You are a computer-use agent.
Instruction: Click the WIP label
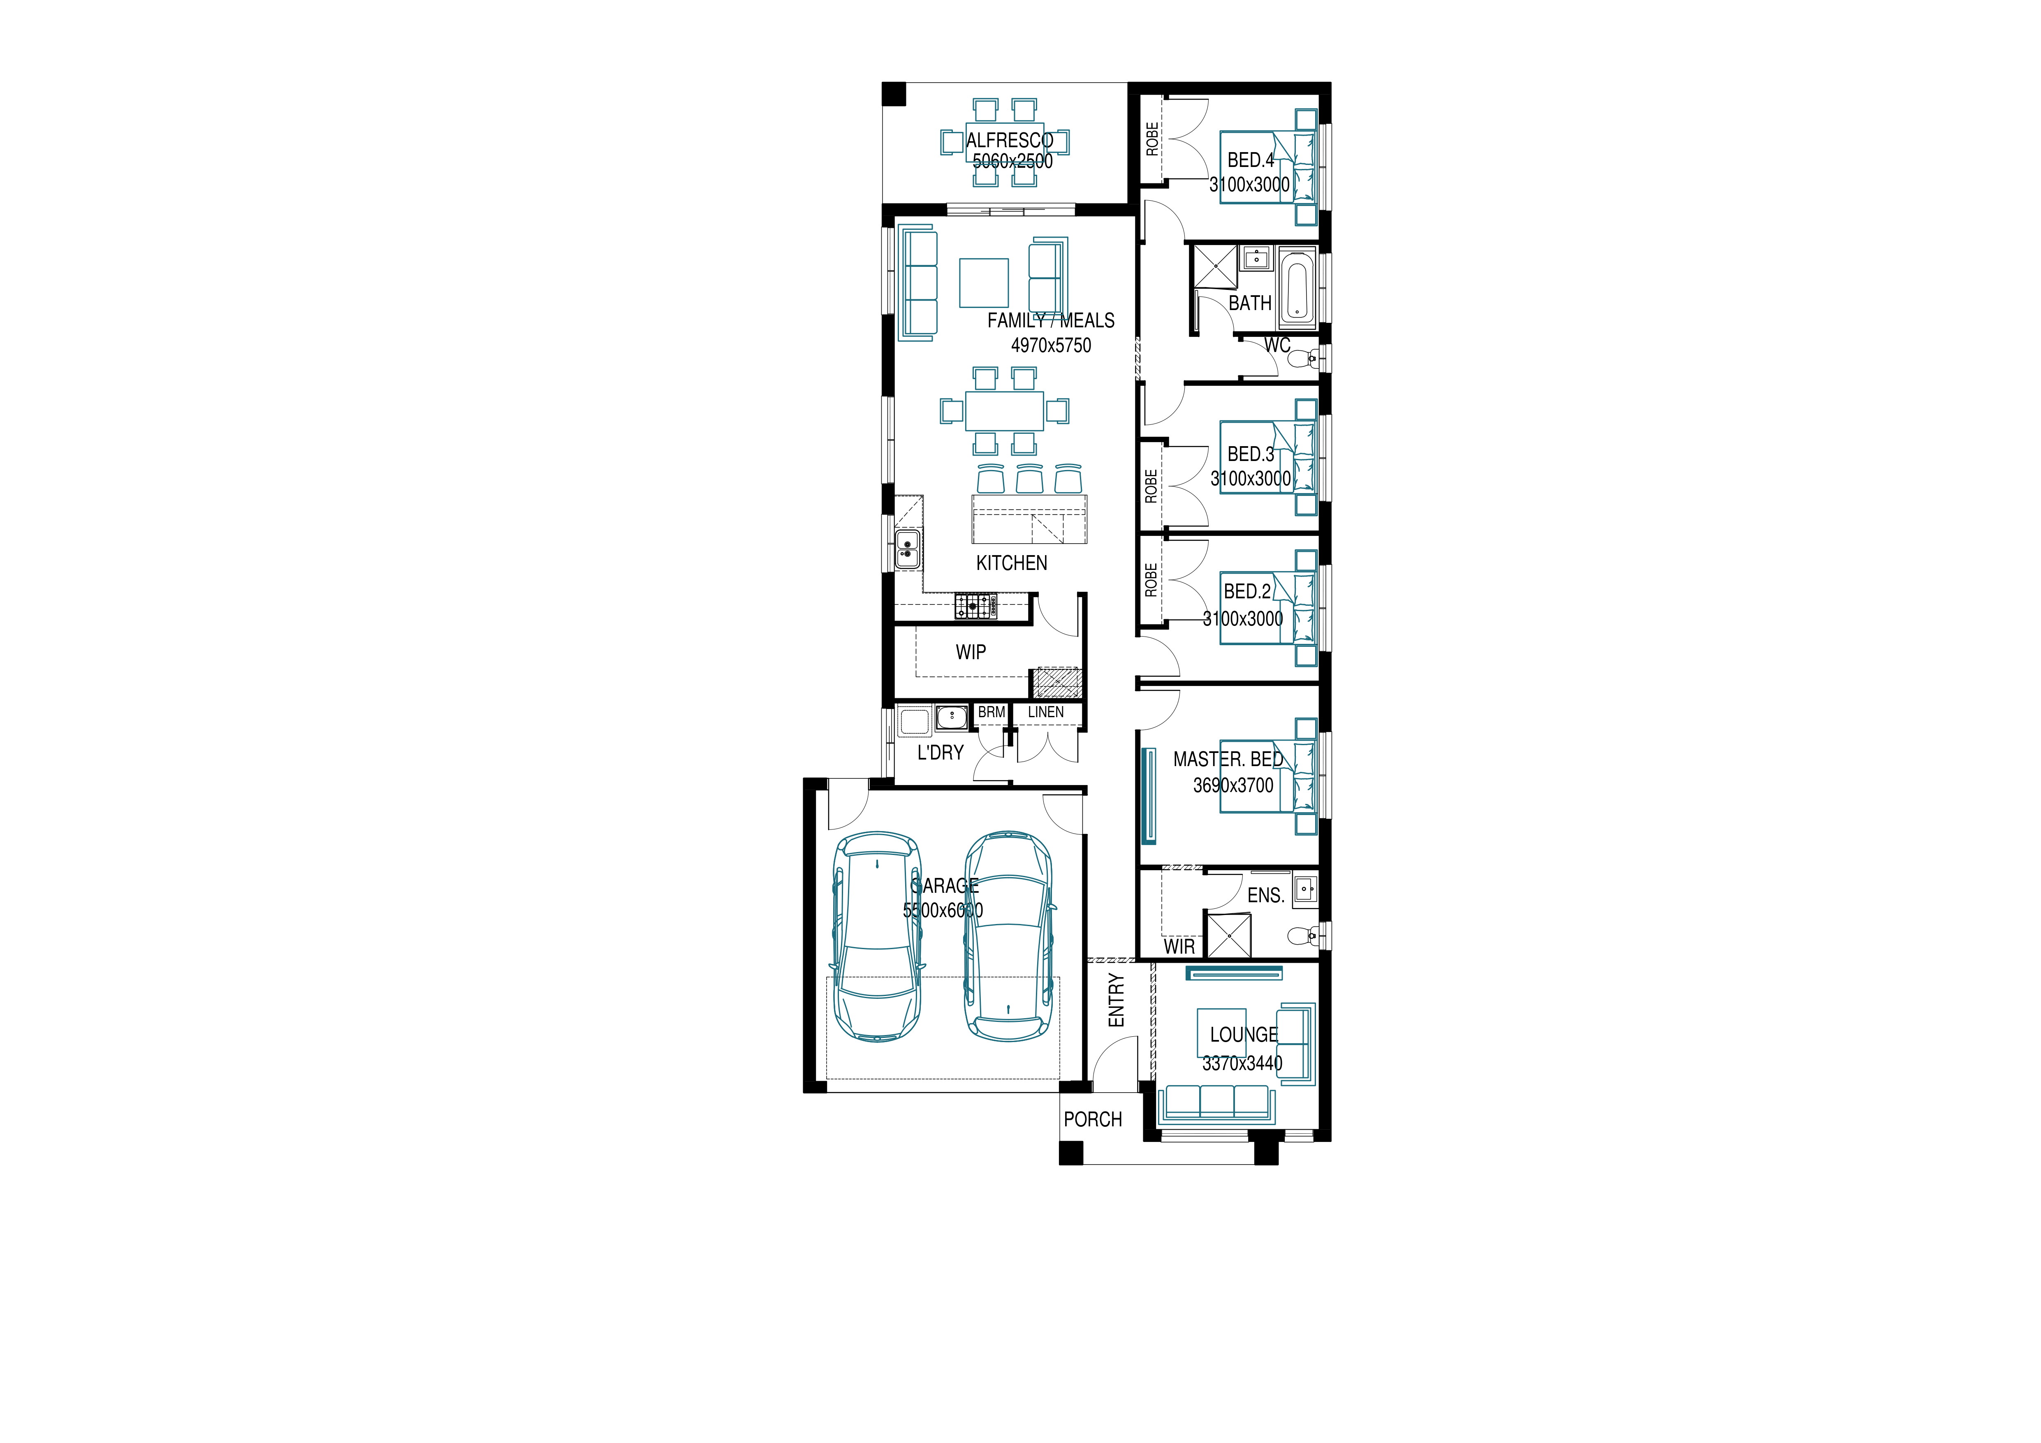[971, 652]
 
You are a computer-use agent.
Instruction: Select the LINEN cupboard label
[1045, 712]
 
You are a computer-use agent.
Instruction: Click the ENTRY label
[1117, 1000]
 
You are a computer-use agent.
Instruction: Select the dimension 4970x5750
[1051, 345]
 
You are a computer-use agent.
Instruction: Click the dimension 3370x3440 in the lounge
[1243, 1063]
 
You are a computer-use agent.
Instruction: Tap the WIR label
[1179, 947]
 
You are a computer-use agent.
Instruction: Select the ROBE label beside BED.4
[1152, 139]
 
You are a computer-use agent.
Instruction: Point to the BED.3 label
[1251, 454]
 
